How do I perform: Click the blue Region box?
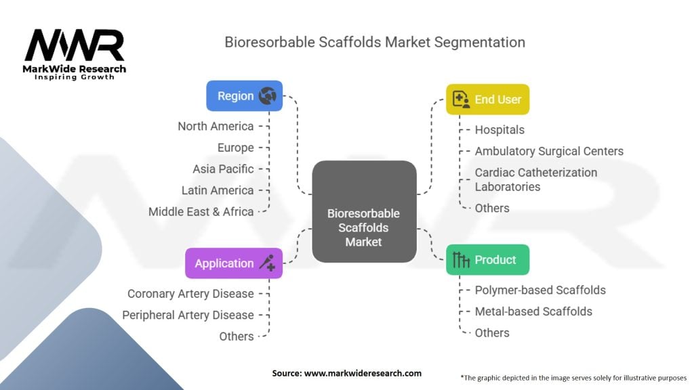[244, 96]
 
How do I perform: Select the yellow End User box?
[487, 100]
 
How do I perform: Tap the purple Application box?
[233, 263]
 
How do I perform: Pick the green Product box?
[487, 260]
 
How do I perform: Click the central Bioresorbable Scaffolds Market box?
[363, 212]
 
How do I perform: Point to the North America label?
[216, 126]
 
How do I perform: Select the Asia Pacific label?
[223, 169]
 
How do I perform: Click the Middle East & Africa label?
[201, 211]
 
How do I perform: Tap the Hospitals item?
[499, 129]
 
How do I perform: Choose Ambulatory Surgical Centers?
[549, 151]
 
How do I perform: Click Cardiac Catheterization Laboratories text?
[535, 179]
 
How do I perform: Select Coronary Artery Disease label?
[190, 294]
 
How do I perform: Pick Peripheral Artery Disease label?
[188, 315]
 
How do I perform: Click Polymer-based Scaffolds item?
[540, 290]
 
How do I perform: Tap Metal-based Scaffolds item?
[533, 311]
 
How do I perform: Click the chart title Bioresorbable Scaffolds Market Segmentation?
[375, 42]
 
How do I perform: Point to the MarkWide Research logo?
[75, 54]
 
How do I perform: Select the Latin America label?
[218, 190]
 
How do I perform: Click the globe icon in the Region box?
[268, 96]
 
